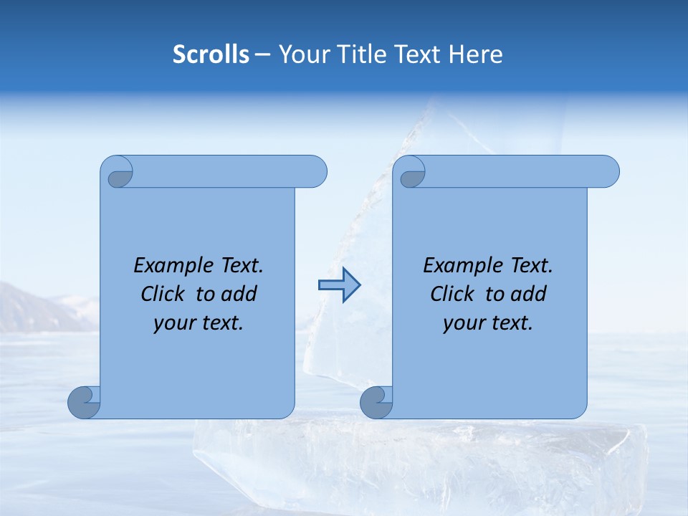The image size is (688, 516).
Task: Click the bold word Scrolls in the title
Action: [211, 54]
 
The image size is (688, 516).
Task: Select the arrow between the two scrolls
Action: [340, 285]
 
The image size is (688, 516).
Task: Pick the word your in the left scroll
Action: [173, 323]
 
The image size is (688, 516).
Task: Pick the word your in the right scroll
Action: [462, 323]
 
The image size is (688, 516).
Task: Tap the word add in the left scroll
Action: [239, 295]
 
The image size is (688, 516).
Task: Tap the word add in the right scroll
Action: [529, 295]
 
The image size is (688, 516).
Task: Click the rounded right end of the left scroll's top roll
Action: [315, 172]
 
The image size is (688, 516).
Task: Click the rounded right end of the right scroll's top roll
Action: [608, 172]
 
